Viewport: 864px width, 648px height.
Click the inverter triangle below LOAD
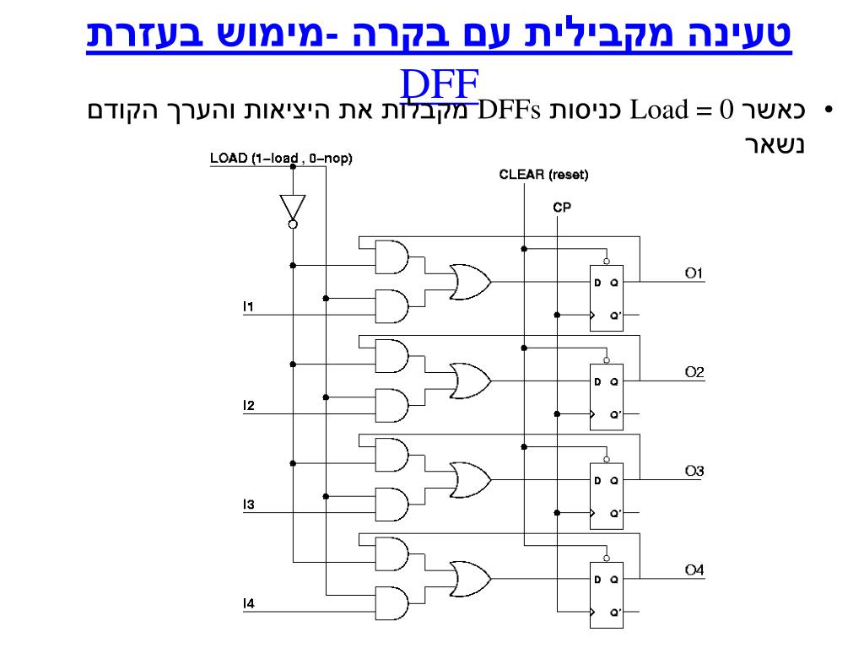292,207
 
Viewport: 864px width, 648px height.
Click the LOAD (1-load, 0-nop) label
281,158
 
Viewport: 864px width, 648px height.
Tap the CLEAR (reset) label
543,175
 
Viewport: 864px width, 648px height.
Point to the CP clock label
562,206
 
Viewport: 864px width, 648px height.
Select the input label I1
248,305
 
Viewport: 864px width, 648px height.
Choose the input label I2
248,406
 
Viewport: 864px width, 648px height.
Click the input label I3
248,505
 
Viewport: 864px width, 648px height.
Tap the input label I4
248,603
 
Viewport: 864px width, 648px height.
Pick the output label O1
694,273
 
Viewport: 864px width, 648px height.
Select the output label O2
694,372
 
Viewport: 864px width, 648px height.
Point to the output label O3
694,471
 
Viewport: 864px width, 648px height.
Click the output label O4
694,570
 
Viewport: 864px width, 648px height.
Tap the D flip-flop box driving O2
606,397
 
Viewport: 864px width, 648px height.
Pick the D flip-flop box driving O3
606,496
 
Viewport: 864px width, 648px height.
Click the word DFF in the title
440,84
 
